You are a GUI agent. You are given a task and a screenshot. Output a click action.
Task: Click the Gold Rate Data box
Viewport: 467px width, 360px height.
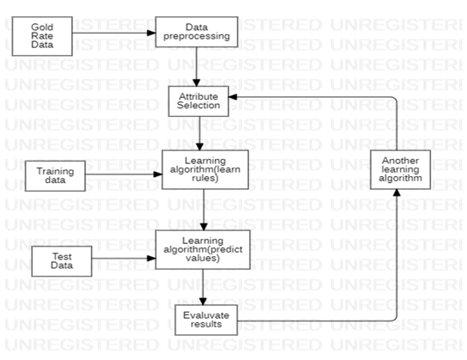42,36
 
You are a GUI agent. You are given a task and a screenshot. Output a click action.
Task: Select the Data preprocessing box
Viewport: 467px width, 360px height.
197,32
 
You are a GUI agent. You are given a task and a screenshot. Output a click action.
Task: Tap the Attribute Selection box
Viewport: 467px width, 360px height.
199,101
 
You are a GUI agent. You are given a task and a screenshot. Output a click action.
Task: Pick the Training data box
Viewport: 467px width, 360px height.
55,176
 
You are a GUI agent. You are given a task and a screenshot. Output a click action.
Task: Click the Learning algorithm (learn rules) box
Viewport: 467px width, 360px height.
205,169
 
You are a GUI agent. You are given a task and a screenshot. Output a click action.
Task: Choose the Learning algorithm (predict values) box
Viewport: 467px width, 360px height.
202,249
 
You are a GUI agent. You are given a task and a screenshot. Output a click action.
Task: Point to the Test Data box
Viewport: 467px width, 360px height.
62,261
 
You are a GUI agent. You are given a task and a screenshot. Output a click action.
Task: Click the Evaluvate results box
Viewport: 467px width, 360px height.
206,320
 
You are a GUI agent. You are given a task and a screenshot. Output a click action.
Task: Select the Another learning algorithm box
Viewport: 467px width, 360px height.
400,169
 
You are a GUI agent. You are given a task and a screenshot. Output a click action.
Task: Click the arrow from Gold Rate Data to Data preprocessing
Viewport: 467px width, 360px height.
114,33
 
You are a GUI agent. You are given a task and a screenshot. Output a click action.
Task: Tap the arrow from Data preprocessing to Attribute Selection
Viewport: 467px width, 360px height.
196,67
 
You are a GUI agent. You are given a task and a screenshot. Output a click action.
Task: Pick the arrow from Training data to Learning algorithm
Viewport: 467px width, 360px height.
124,174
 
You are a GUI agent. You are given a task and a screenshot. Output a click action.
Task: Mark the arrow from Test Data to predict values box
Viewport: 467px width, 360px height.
124,259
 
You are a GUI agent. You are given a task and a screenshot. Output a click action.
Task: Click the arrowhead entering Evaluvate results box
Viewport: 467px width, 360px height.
203,301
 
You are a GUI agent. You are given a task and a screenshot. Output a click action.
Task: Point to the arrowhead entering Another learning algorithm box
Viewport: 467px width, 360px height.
396,192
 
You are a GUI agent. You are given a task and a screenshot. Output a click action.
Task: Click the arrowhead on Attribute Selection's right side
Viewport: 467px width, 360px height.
232,97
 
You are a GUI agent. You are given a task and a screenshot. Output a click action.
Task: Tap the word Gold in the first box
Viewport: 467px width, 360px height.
42,27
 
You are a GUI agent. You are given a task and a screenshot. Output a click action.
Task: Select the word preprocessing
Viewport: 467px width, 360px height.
197,36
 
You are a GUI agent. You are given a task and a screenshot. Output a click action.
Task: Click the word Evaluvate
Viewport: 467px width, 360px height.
206,315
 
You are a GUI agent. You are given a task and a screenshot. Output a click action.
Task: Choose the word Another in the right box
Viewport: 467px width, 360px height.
400,161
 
